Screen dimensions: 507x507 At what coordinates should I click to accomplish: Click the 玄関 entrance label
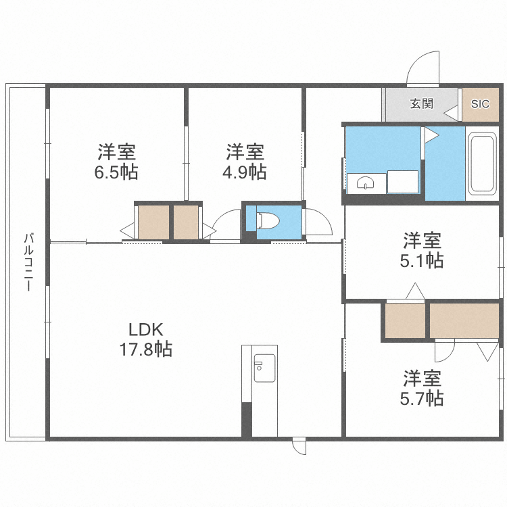(421, 104)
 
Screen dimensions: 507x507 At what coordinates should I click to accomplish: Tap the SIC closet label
(480, 104)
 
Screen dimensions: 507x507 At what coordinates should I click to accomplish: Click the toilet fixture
(268, 220)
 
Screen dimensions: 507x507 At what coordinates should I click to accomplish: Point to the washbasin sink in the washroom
(366, 184)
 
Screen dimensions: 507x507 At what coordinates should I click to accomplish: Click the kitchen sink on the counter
(264, 368)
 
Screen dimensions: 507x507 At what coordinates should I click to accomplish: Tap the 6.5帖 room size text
(116, 172)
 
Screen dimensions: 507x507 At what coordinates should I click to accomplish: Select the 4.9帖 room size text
(245, 172)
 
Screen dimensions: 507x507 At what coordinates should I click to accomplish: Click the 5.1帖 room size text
(422, 260)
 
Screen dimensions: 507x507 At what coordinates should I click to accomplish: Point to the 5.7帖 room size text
(422, 398)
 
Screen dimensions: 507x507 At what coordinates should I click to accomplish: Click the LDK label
(146, 330)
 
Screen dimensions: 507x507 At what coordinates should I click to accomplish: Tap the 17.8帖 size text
(146, 349)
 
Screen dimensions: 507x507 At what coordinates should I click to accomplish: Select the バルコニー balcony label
(28, 262)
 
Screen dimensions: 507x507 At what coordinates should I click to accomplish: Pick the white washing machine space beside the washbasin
(403, 182)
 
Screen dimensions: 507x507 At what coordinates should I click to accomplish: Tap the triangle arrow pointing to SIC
(451, 113)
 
